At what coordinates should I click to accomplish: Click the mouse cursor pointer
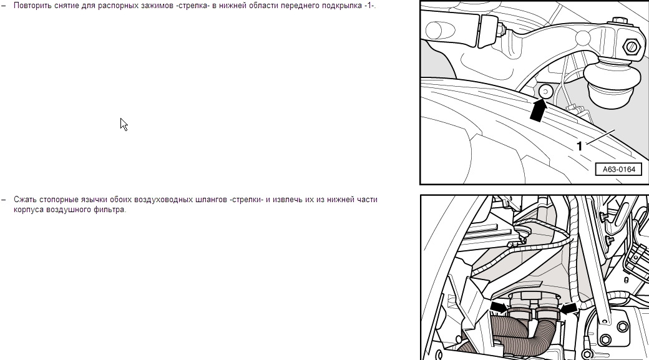[x=124, y=125]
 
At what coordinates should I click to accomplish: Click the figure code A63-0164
[x=619, y=169]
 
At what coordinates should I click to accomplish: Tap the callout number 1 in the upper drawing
[x=580, y=146]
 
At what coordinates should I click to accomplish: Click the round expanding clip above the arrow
[x=545, y=92]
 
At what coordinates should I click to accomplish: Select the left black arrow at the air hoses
[x=499, y=307]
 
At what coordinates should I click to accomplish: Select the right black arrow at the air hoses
[x=568, y=308]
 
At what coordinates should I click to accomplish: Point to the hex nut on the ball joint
[x=631, y=46]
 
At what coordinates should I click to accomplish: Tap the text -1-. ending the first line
[x=370, y=6]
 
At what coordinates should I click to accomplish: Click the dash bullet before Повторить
[x=4, y=6]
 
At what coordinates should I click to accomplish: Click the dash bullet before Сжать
[x=4, y=200]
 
